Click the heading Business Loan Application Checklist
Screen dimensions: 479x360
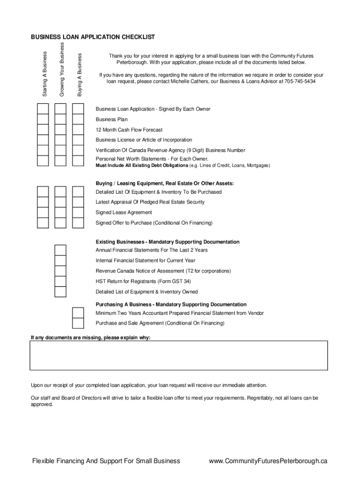[x=93, y=37]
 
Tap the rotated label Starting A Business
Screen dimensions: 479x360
[x=45, y=73]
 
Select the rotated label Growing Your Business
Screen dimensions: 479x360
[x=61, y=69]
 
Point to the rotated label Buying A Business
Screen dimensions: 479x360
[x=79, y=74]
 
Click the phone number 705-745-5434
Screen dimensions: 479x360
[x=300, y=81]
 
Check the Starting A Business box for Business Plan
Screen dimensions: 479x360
[x=43, y=119]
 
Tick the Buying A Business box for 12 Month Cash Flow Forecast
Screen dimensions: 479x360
[x=78, y=130]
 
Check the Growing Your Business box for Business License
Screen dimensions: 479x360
[x=60, y=140]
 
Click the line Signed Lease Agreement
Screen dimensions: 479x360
[x=124, y=212]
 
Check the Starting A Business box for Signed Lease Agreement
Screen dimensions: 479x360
[x=43, y=212]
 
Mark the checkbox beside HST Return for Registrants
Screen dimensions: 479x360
[x=60, y=281]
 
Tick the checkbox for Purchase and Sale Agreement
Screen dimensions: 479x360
[x=78, y=323]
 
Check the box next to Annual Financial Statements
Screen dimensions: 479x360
[x=60, y=250]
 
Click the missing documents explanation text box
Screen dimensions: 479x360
[x=179, y=356]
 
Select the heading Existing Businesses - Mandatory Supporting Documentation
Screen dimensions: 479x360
[x=167, y=242]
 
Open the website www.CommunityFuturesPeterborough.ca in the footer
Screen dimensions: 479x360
[x=268, y=461]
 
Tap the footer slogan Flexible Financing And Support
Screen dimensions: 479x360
[x=106, y=461]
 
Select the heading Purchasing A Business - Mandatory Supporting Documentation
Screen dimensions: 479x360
[x=171, y=305]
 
